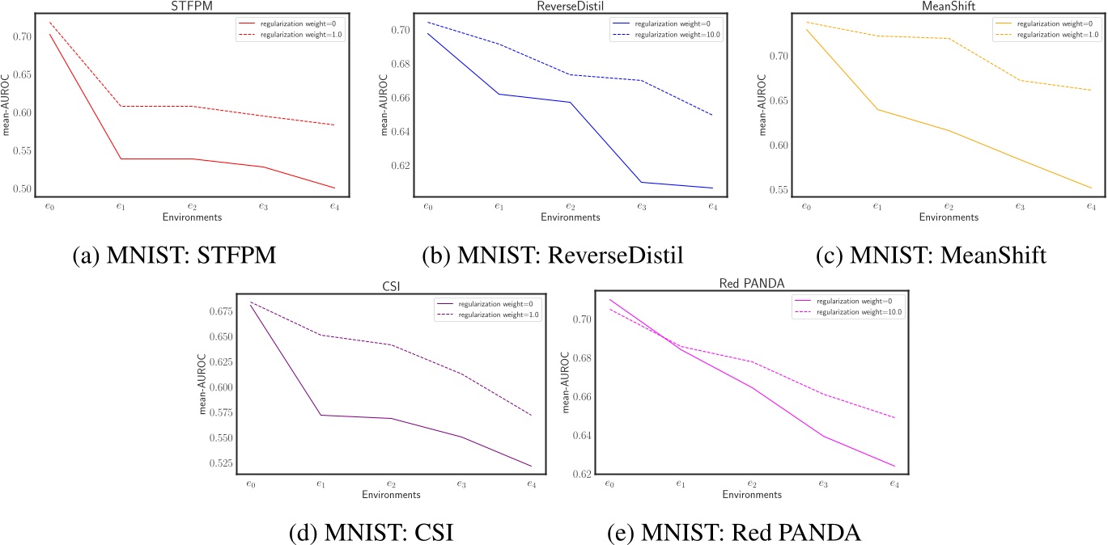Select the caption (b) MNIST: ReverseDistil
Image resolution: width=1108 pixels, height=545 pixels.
click(x=553, y=256)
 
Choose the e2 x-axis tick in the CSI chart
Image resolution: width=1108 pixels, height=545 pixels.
click(x=391, y=484)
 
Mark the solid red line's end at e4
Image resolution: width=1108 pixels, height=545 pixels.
click(x=334, y=188)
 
